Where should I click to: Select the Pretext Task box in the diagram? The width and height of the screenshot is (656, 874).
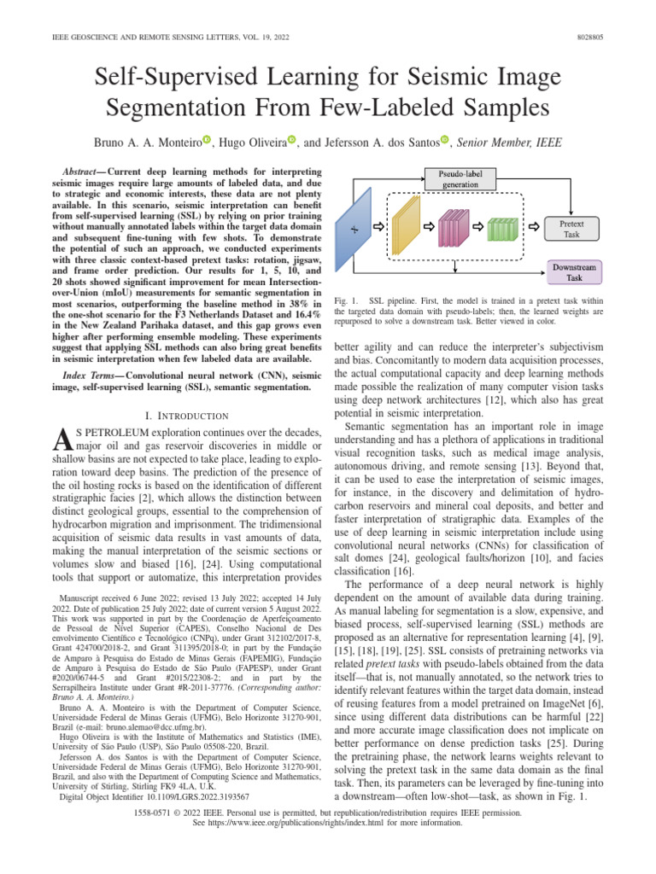pyautogui.click(x=571, y=228)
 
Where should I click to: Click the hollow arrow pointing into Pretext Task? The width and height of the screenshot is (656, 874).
pyautogui.click(x=534, y=228)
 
